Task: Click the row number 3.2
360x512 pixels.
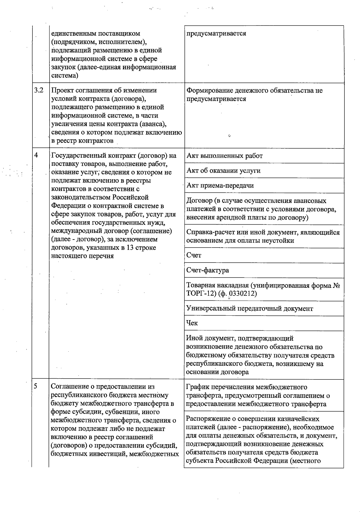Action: [39, 90]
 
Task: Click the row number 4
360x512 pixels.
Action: [36, 155]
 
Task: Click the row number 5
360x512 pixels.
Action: [36, 386]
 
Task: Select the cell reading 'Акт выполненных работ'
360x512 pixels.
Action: [224, 156]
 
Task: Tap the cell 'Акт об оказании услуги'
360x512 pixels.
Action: [223, 171]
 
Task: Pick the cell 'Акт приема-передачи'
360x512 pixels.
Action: [220, 186]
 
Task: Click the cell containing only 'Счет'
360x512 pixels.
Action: [194, 255]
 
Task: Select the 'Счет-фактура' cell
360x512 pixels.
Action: [208, 270]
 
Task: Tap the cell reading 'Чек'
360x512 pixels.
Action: [192, 323]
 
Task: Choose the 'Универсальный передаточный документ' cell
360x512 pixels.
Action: [249, 308]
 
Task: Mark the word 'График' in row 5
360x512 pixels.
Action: [197, 387]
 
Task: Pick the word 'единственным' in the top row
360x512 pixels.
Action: [73, 34]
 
